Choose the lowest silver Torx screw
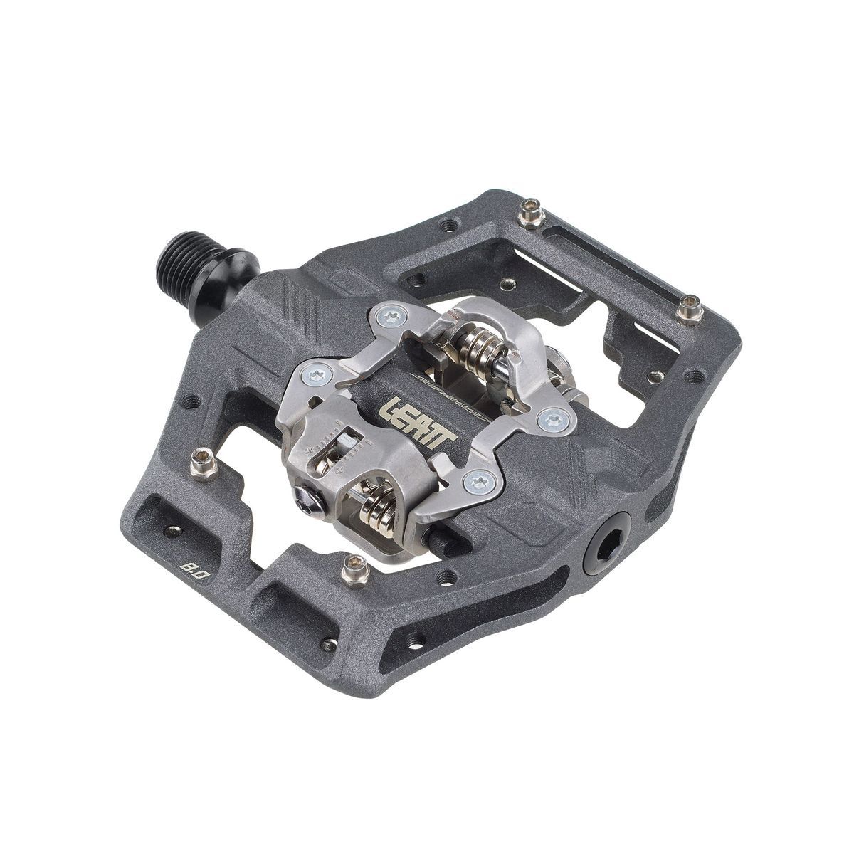(475, 482)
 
